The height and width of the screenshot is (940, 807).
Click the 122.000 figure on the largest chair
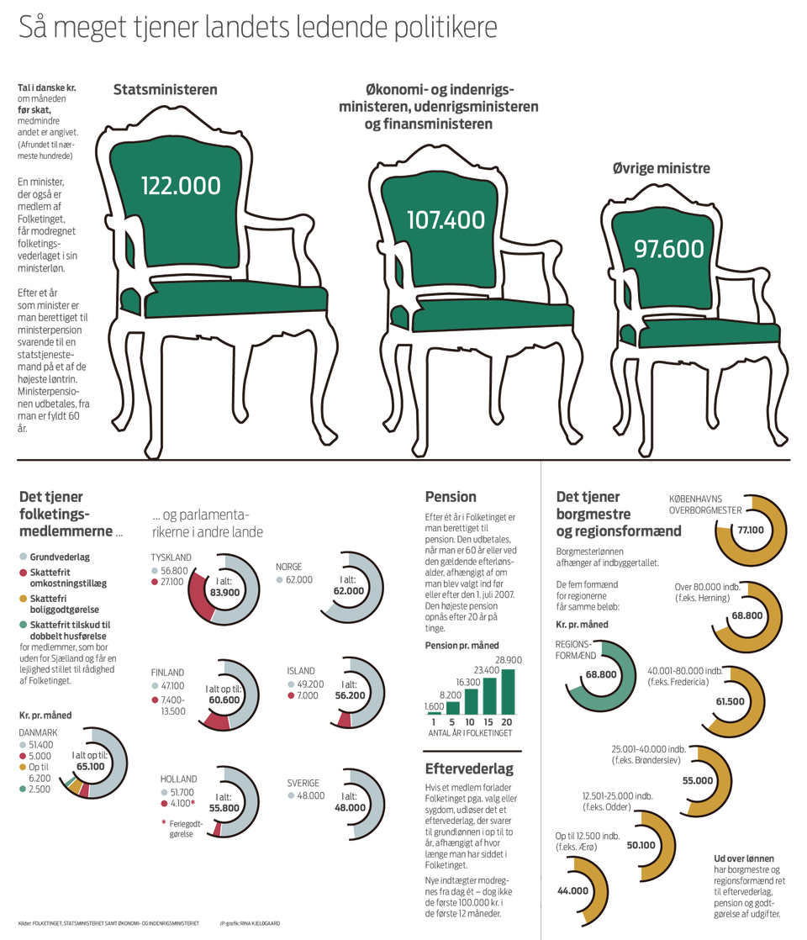coord(181,186)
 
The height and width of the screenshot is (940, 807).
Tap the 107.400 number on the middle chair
coord(446,219)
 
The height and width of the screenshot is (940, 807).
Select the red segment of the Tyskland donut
coord(198,595)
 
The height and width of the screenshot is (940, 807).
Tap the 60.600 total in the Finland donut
coord(223,699)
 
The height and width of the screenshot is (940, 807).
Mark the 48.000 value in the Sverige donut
coord(350,806)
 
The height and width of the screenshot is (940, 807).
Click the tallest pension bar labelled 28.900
coord(508,692)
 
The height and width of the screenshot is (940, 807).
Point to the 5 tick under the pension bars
coord(451,722)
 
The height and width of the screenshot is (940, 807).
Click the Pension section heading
coord(451,497)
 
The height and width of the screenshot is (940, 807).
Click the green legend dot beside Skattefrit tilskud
coord(23,625)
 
